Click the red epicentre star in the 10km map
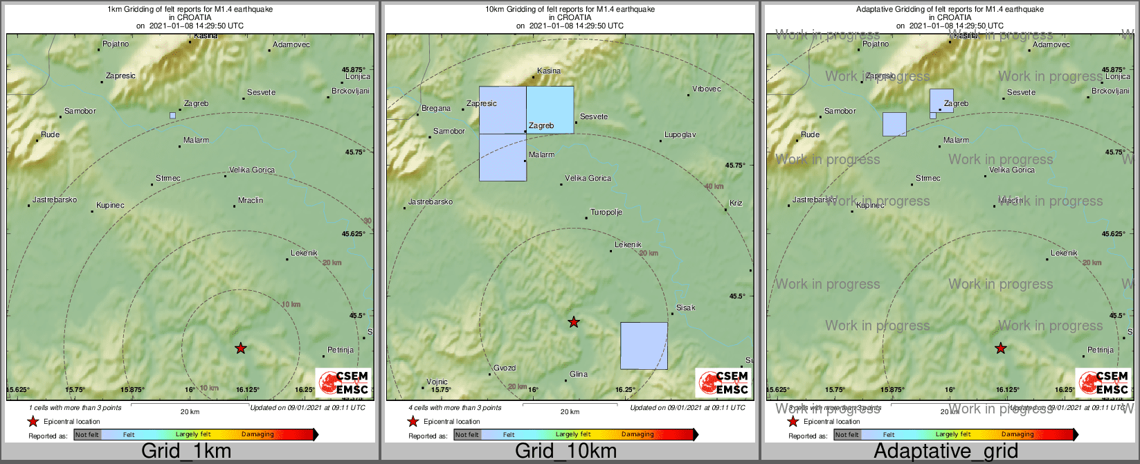(573, 322)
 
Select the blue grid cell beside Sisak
(644, 346)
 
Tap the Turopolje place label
(606, 212)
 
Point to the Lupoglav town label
(680, 134)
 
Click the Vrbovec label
(707, 89)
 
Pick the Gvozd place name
(505, 368)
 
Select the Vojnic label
(437, 382)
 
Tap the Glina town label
(578, 374)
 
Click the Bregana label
(436, 109)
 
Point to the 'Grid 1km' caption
(186, 452)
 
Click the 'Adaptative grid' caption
(946, 452)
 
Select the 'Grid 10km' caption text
(566, 452)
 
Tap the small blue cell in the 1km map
(172, 116)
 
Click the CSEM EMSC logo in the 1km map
(343, 382)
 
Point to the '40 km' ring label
(714, 186)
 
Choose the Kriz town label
(736, 203)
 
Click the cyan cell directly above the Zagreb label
(550, 109)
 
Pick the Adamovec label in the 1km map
(291, 44)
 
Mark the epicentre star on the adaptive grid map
(1000, 348)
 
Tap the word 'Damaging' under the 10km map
(637, 434)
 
